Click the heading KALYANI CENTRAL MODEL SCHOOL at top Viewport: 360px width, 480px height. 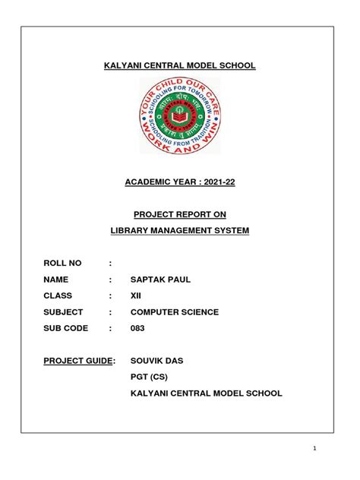pos(179,67)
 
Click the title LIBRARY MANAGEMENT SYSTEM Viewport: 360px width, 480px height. pos(179,229)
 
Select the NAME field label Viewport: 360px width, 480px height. pos(58,279)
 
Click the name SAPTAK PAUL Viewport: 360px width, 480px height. pos(161,279)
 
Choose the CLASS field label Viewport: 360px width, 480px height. pos(60,295)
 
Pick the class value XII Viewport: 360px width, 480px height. pos(137,295)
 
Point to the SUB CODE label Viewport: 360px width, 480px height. pos(67,328)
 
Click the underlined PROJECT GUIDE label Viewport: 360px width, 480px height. pos(78,361)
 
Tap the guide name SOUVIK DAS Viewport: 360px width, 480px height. pos(158,361)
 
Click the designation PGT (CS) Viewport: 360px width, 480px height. pos(149,377)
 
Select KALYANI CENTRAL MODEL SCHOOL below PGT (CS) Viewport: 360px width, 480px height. pos(206,393)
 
